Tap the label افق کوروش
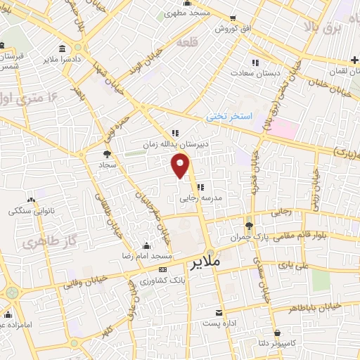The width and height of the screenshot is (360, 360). (214, 29)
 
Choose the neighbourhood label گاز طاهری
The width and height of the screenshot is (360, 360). (38, 243)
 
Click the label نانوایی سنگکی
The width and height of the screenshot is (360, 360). (28, 210)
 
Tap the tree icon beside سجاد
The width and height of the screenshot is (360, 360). (107, 154)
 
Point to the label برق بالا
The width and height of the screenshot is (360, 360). (322, 27)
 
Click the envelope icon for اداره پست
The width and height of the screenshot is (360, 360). (219, 313)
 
